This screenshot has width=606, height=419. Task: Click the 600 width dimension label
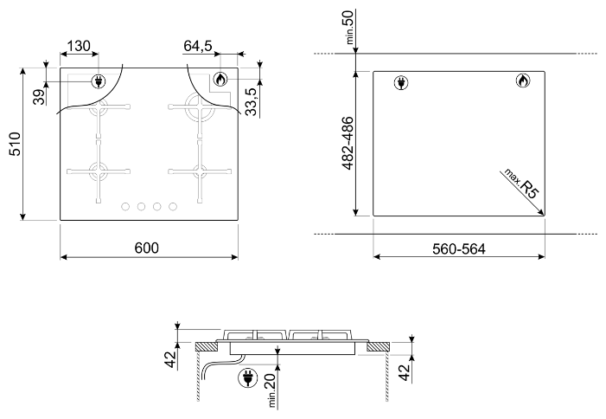(146, 248)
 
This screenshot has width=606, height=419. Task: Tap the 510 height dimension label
(16, 144)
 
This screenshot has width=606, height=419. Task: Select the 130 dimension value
(79, 46)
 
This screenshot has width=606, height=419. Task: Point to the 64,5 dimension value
(197, 46)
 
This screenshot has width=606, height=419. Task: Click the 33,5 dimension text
(252, 102)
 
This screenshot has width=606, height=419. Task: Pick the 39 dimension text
(39, 98)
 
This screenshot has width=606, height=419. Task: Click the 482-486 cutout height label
(348, 143)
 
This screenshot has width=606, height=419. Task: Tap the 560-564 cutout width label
(459, 248)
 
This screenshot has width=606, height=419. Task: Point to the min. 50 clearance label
(348, 27)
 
